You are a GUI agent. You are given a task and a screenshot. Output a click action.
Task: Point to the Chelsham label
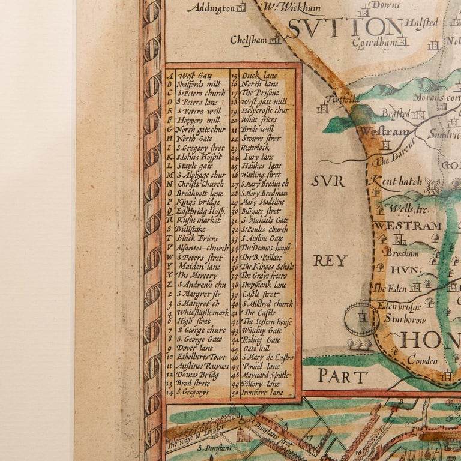coord(249,40)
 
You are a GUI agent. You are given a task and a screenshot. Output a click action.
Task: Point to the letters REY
coord(330,260)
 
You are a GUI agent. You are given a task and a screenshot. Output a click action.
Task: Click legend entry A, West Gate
coord(195,75)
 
